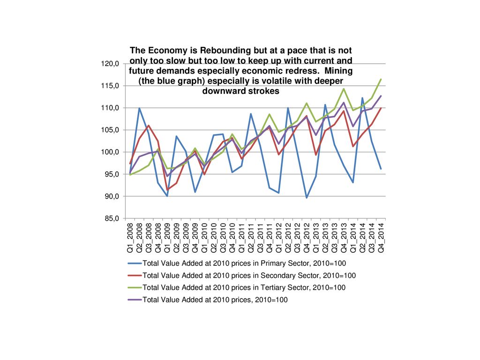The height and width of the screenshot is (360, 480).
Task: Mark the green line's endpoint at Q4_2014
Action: click(381, 79)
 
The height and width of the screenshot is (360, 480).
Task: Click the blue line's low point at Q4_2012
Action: click(307, 198)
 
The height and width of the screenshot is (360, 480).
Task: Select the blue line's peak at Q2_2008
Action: click(139, 108)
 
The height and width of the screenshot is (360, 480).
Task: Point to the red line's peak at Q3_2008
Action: click(149, 125)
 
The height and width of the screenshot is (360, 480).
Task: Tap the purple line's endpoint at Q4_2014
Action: click(381, 96)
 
